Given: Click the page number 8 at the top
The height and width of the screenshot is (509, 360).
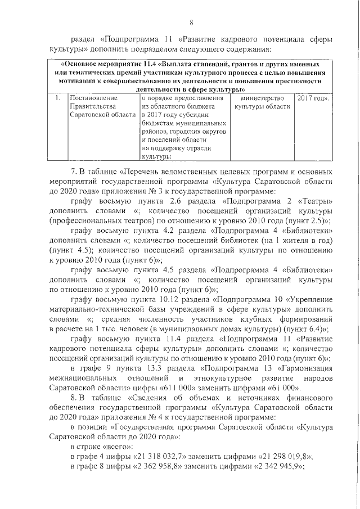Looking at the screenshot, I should pyautogui.click(x=191, y=22).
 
